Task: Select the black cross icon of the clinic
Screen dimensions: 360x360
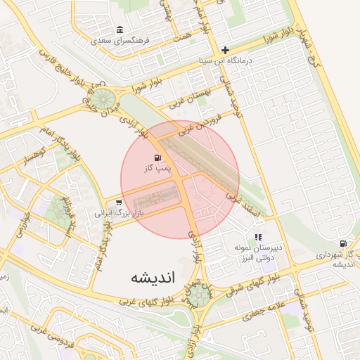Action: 225,50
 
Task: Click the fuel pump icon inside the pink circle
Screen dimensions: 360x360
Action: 156,158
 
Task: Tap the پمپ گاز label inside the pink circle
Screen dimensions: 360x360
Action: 155,169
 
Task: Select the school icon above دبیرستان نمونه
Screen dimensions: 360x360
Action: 258,238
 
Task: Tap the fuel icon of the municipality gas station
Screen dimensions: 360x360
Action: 342,243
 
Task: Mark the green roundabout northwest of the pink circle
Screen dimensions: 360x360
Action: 104,98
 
